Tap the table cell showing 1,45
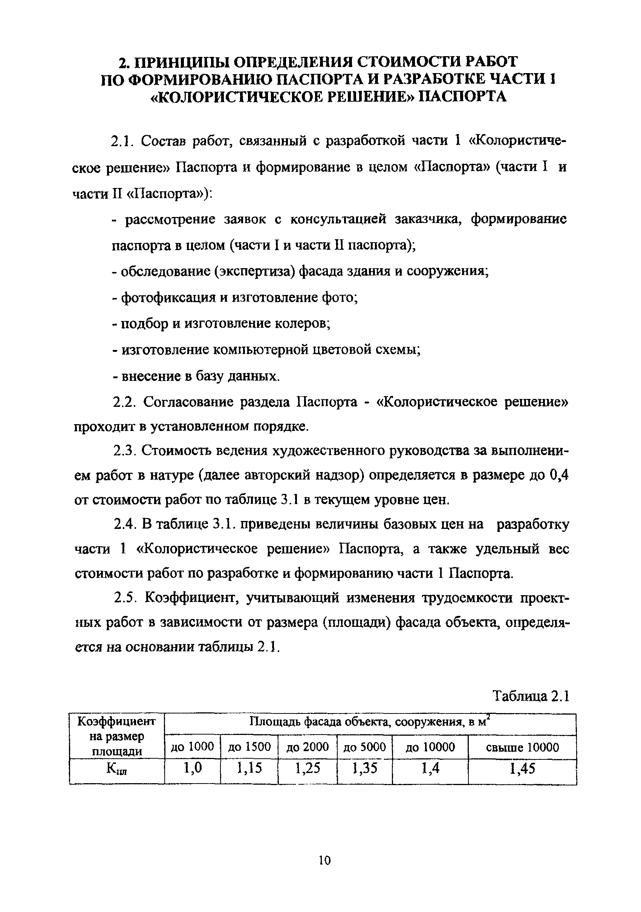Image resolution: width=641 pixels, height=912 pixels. [522, 768]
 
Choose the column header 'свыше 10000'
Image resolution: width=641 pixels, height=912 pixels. [522, 747]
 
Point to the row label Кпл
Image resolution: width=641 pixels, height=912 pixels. [117, 769]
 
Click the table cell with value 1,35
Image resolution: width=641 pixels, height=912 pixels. [364, 768]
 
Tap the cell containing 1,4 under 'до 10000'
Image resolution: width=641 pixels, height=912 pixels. [430, 768]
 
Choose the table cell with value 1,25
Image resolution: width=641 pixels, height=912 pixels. [307, 768]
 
